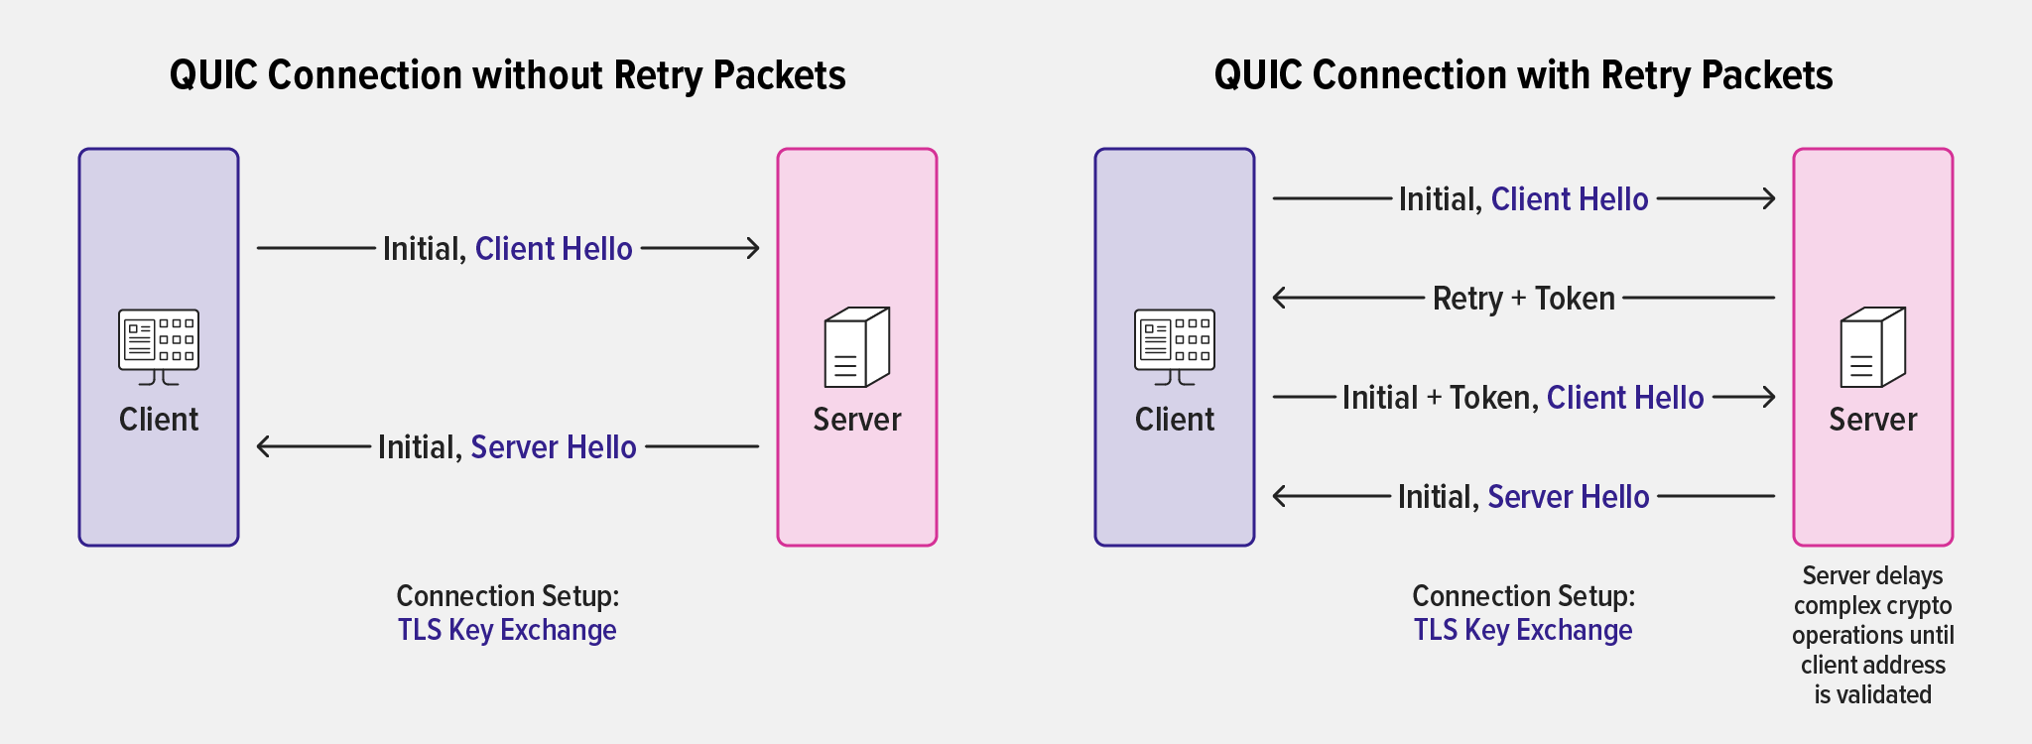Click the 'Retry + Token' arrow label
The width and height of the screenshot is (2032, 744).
1523,298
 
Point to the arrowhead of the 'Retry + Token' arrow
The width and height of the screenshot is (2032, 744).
1279,298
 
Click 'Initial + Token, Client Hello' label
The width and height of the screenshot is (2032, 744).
1523,398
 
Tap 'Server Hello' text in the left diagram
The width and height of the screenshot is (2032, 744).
554,447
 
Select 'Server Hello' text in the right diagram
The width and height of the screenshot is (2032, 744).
1568,497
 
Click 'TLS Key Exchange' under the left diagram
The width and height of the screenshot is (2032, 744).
507,630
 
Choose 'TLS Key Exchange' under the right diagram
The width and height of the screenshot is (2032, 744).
1523,630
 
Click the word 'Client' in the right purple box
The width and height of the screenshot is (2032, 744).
1174,420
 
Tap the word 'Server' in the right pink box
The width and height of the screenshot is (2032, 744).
1872,420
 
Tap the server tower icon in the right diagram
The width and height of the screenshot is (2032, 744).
1873,347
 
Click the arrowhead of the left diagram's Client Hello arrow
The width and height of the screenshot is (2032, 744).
754,248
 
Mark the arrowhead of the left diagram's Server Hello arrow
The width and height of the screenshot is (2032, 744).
263,446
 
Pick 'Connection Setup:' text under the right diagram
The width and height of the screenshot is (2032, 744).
1523,596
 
